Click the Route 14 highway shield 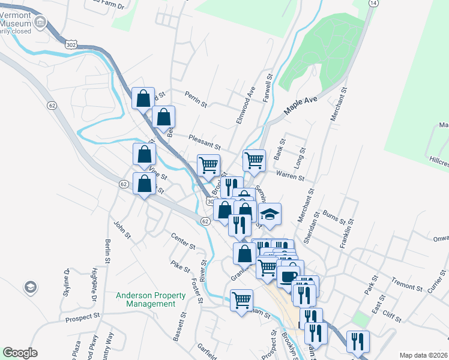(374, 3)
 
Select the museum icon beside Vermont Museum (41, 23)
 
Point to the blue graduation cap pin (270, 215)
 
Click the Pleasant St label (205, 142)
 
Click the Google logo (20, 353)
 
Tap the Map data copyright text (424, 355)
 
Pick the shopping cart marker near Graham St (242, 300)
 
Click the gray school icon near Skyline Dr (29, 287)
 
